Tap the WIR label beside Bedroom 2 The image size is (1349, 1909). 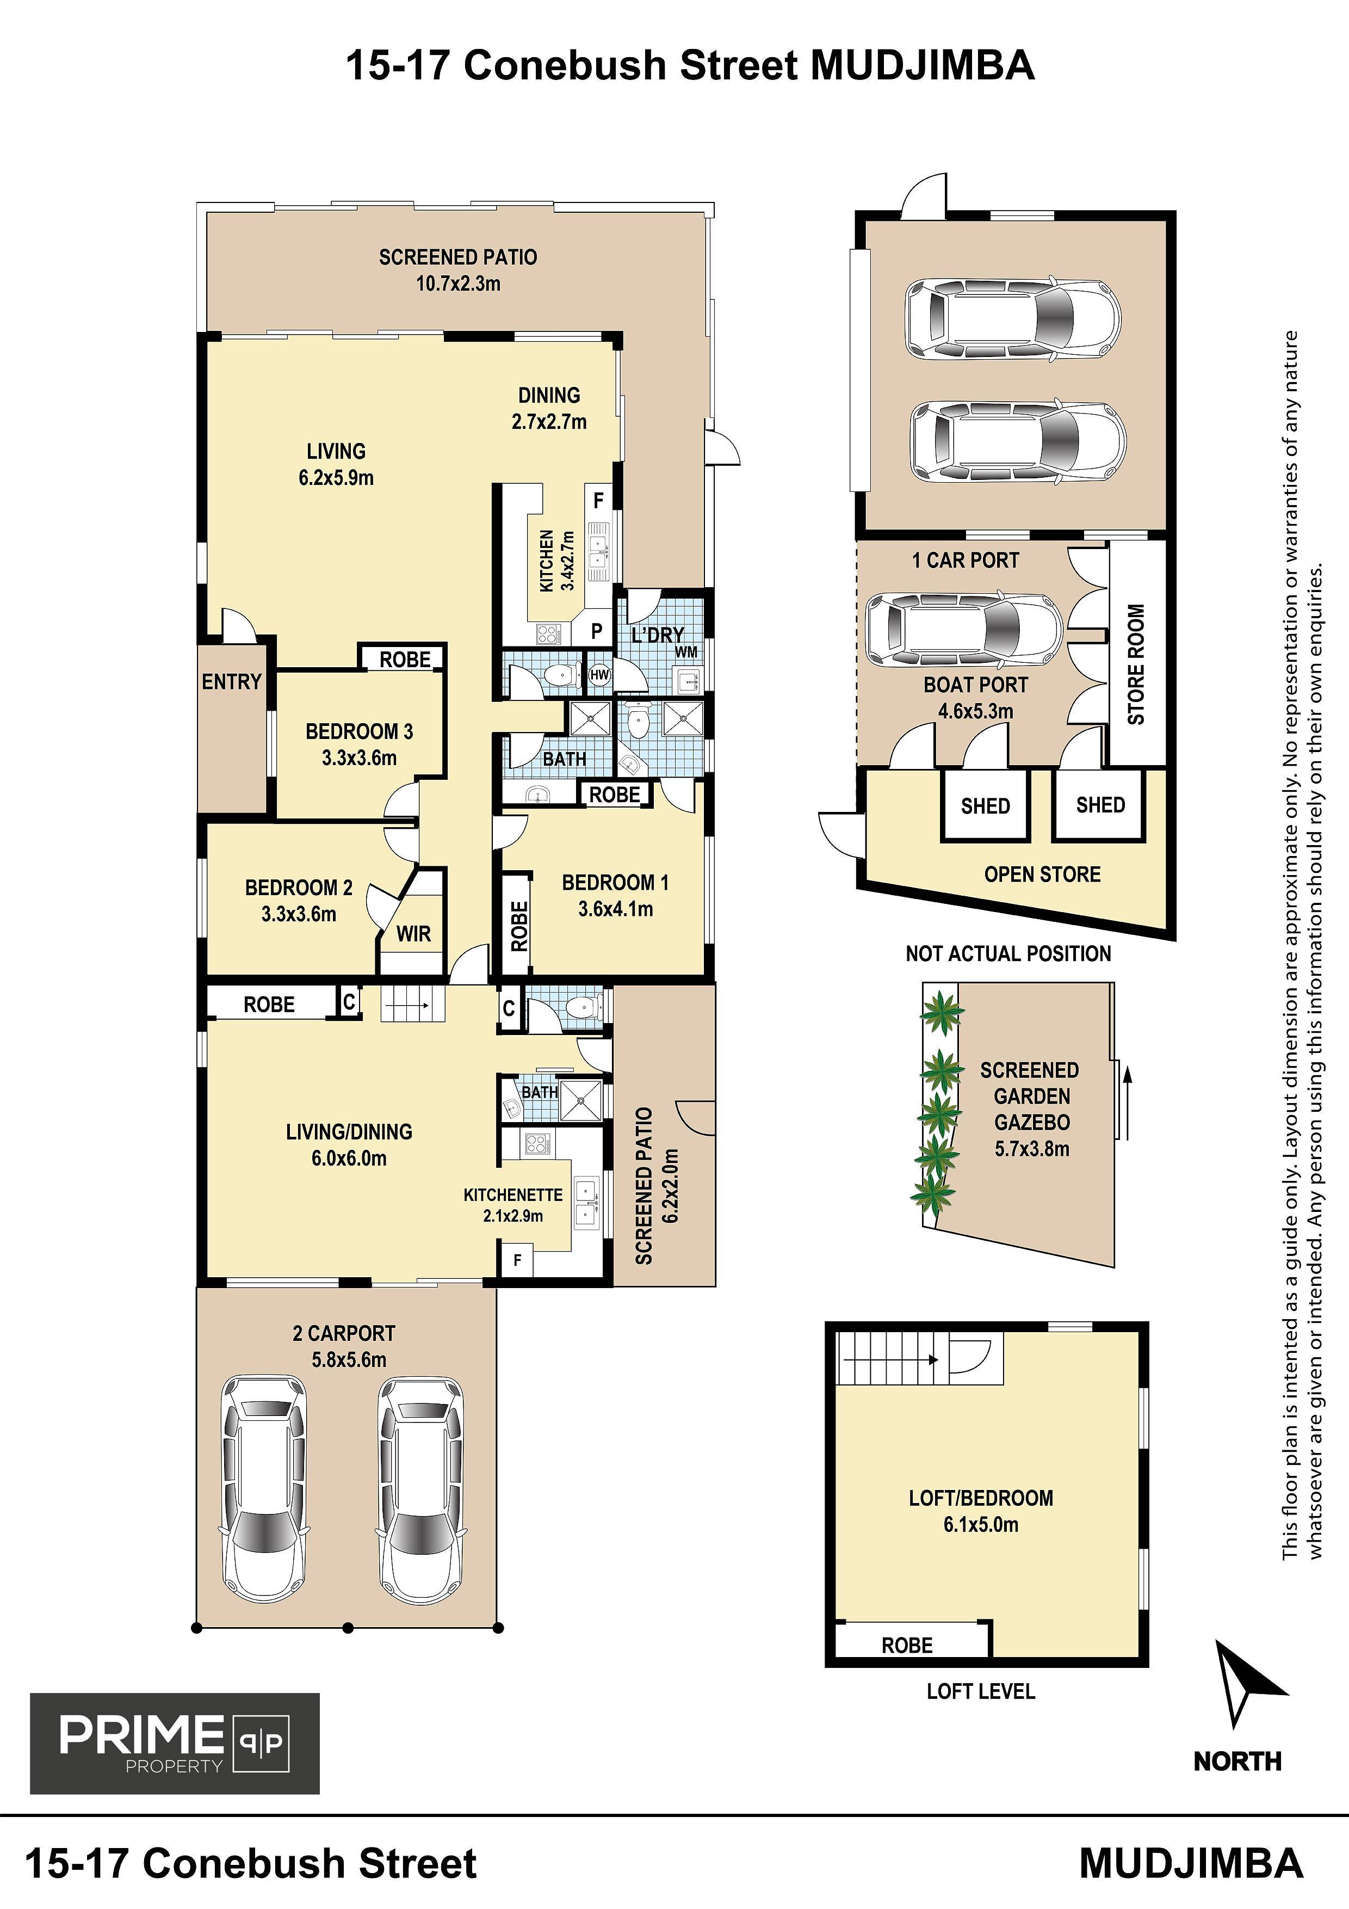tap(413, 934)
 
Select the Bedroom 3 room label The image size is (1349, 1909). tap(359, 744)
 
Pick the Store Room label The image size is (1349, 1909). tap(1136, 663)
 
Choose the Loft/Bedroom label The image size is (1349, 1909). tap(981, 1511)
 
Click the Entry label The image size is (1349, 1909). tap(232, 682)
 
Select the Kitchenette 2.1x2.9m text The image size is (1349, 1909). tap(513, 1205)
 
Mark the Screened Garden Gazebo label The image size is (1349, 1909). tap(1031, 1109)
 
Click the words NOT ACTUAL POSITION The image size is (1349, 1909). tap(1008, 953)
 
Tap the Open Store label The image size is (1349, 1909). tap(1042, 874)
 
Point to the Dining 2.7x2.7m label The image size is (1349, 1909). tap(549, 408)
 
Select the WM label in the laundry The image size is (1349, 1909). tap(686, 652)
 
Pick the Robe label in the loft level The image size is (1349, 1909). tap(907, 1646)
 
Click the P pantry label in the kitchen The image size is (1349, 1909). tap(596, 631)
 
